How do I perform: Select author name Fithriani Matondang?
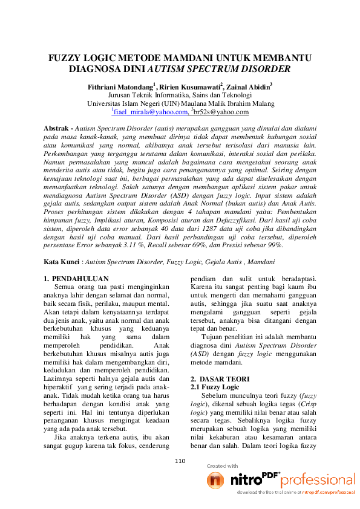click(x=119, y=86)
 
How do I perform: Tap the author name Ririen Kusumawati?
click(x=191, y=86)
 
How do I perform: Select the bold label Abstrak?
click(x=58, y=129)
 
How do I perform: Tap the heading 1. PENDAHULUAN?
click(x=77, y=279)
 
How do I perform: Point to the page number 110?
click(x=180, y=461)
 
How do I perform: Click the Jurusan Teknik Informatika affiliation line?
click(x=180, y=95)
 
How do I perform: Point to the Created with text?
click(x=222, y=466)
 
